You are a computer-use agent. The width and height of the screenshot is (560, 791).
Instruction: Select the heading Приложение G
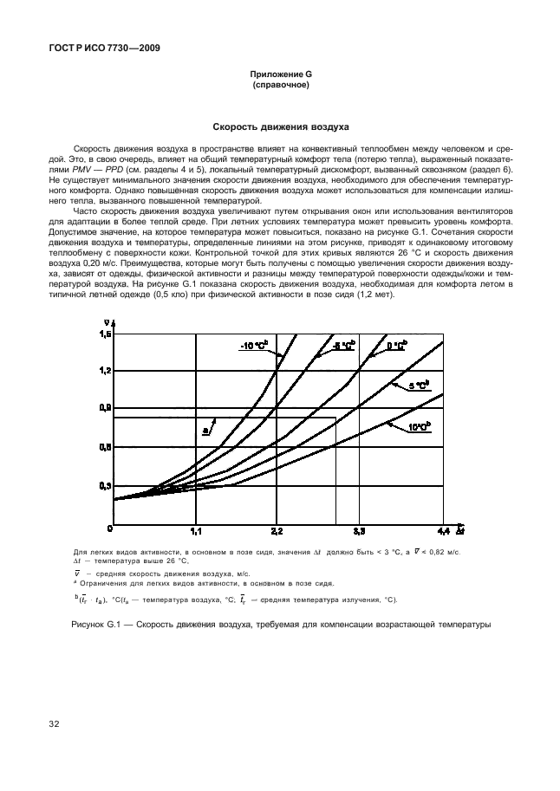(x=280, y=76)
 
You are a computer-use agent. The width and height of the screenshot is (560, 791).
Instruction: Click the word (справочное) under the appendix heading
(x=280, y=86)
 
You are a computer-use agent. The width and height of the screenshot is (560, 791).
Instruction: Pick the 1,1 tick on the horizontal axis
(x=196, y=530)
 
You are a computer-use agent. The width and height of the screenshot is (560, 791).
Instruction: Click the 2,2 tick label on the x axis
(x=277, y=530)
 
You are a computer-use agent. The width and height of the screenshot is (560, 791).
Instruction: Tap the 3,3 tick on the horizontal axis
(x=358, y=530)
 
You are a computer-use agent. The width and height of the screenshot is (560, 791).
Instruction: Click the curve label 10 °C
(x=420, y=427)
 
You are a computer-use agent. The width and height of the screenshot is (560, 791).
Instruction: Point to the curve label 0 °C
(x=395, y=346)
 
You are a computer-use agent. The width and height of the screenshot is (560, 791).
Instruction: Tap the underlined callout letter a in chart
(x=205, y=429)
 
